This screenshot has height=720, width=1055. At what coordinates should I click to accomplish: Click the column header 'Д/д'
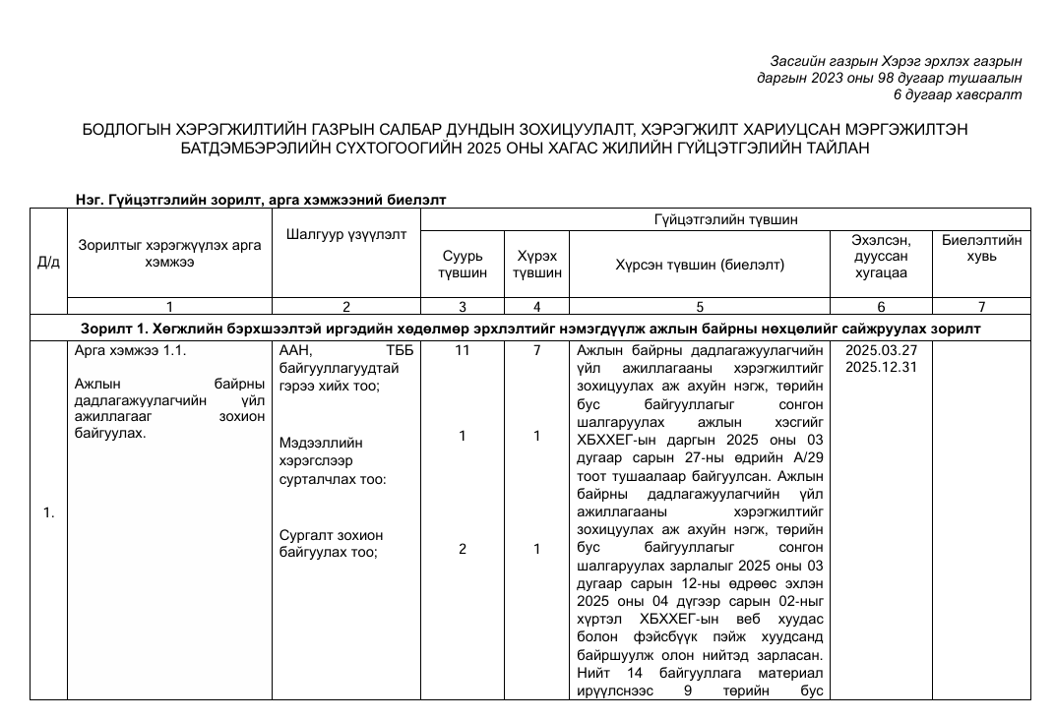click(48, 263)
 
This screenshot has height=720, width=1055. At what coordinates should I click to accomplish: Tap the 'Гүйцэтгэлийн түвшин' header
click(725, 218)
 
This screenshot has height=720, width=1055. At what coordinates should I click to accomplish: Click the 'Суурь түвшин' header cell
click(462, 264)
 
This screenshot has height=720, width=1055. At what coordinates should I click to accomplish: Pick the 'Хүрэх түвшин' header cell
click(536, 264)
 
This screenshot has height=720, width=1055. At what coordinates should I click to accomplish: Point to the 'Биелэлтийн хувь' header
click(981, 248)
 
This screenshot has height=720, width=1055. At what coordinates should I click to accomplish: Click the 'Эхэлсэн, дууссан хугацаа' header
click(881, 257)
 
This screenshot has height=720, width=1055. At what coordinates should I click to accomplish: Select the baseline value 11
click(462, 350)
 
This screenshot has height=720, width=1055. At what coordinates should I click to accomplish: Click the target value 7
click(536, 350)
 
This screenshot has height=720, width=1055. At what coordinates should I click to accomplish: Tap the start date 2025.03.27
click(881, 350)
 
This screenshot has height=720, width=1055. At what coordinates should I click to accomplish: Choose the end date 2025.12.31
click(881, 367)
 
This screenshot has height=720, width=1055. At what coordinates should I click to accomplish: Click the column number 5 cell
click(699, 306)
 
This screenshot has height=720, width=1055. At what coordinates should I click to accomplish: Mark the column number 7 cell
click(981, 306)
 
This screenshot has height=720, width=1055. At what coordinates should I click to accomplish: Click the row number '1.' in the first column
click(48, 512)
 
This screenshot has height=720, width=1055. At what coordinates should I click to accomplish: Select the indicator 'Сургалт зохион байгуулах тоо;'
click(331, 543)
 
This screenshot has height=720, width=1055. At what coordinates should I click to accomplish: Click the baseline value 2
click(462, 550)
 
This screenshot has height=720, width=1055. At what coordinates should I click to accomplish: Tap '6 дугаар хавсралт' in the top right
click(957, 94)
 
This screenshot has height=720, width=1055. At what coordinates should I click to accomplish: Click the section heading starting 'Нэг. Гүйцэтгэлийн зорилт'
click(261, 199)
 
